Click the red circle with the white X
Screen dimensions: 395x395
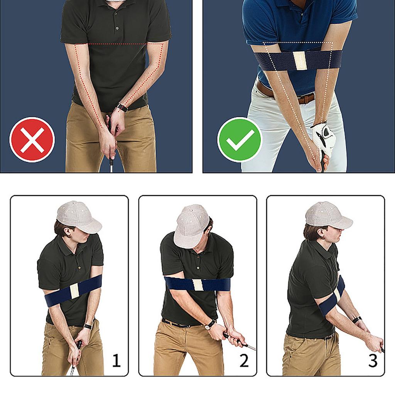[x=32, y=140]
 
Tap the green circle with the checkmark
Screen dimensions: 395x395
[x=240, y=139]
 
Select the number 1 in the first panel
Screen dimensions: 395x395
[x=116, y=361]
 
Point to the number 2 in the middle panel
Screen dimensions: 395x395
[x=244, y=361]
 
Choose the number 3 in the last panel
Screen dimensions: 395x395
[x=373, y=361]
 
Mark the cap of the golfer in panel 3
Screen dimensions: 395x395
[x=327, y=216]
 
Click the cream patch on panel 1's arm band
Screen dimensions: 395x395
[x=74, y=290]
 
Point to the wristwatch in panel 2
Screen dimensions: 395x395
[x=209, y=324]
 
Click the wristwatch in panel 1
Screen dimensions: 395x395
[x=88, y=326]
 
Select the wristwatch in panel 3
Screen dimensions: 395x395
[x=357, y=320]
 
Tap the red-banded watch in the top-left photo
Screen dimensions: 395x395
[x=122, y=108]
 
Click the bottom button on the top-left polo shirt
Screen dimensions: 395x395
[x=117, y=28]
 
